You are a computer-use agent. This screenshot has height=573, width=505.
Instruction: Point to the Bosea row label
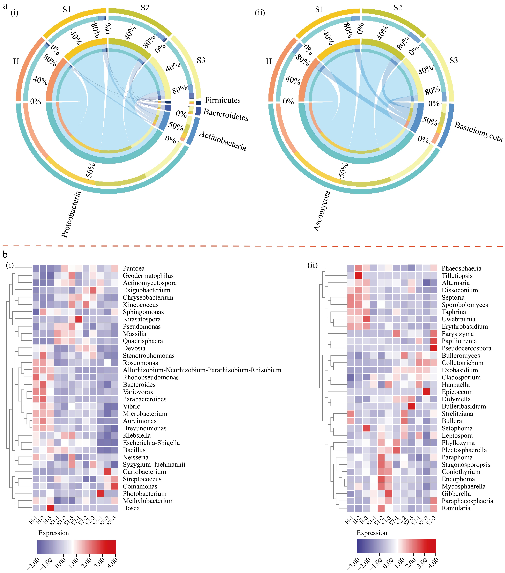click(x=131, y=508)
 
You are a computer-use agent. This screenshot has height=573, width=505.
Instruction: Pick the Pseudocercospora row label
click(x=466, y=348)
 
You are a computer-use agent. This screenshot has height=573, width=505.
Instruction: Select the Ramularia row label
click(x=456, y=508)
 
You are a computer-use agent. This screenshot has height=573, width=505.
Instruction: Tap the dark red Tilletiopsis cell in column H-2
click(x=358, y=276)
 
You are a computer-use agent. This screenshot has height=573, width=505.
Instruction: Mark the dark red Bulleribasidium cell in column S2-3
click(x=412, y=406)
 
